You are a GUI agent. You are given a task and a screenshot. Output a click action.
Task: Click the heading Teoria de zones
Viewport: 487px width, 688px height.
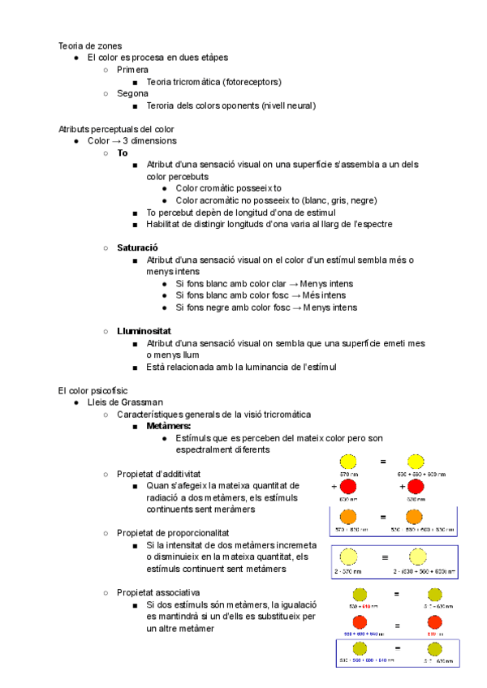[90, 45]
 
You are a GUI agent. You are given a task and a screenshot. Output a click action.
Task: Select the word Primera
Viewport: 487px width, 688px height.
[132, 70]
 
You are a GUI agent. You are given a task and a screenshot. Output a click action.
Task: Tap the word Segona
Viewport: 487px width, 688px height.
[132, 93]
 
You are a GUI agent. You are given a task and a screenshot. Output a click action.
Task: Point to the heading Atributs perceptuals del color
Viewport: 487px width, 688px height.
[116, 129]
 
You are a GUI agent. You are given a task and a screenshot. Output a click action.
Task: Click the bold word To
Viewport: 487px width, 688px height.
[122, 153]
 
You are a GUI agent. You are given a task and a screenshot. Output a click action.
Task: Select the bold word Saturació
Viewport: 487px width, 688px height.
[136, 247]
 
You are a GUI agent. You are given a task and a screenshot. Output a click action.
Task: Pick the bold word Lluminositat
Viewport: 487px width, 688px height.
[144, 331]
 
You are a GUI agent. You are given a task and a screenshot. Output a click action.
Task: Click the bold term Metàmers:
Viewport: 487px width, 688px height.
[169, 426]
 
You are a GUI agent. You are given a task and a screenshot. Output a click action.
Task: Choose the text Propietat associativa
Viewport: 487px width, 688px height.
[158, 592]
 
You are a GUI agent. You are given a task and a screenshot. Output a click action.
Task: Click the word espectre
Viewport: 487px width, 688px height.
[376, 223]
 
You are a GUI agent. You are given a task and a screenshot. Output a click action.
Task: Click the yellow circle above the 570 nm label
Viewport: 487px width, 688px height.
[348, 462]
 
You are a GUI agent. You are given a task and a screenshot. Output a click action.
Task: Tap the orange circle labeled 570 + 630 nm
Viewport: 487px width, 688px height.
[348, 516]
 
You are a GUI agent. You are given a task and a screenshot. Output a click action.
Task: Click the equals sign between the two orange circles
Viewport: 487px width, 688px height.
[382, 516]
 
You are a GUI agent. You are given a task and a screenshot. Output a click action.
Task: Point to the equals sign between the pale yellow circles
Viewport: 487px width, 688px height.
[385, 557]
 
